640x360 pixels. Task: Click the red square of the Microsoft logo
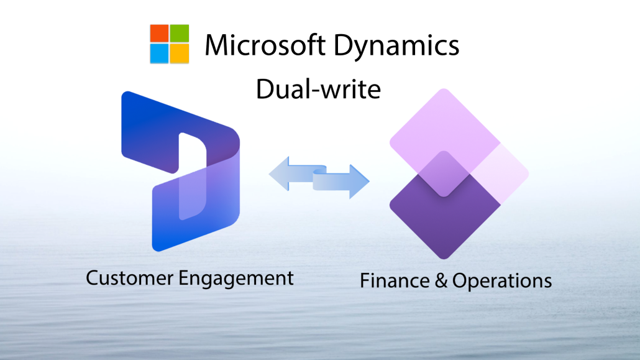pos(159,34)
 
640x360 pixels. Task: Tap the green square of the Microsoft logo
pos(179,34)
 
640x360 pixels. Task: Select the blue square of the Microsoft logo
pos(159,53)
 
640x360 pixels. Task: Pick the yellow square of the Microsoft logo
pos(179,53)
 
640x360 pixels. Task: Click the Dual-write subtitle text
pos(318,90)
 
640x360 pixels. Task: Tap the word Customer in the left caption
pos(129,277)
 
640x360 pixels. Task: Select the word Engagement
pos(236,279)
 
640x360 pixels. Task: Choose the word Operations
pos(501,282)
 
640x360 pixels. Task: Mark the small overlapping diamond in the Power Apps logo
pos(445,173)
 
